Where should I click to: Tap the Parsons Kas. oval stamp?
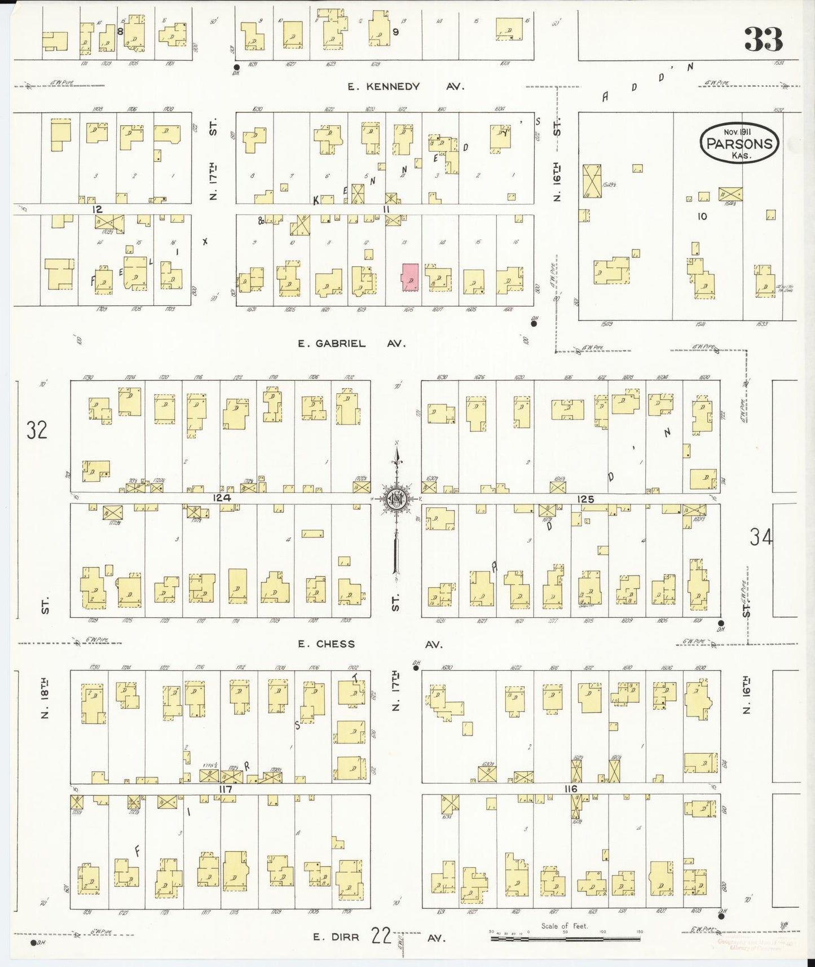click(739, 143)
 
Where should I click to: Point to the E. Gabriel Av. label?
click(352, 344)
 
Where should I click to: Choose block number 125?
click(586, 499)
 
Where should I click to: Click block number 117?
click(226, 789)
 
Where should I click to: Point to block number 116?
click(570, 789)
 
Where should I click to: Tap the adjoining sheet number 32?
click(37, 430)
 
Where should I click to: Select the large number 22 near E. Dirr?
click(382, 936)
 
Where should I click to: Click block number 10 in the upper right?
click(702, 216)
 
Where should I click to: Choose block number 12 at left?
click(98, 209)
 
